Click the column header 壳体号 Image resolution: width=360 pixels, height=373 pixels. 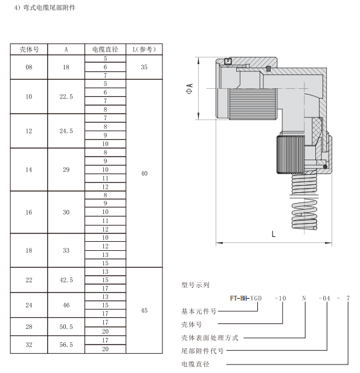point(29,49)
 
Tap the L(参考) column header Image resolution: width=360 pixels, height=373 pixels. point(143,49)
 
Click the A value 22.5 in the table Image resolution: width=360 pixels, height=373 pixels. point(66,96)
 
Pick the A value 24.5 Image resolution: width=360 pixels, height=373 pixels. point(66,131)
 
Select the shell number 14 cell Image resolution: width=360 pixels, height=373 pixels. point(29,170)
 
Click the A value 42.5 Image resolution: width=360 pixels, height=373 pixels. point(66,279)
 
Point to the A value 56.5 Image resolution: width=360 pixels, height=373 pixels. point(66,345)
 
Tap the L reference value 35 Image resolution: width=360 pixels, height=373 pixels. point(143,67)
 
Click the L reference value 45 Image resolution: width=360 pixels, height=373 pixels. point(143,310)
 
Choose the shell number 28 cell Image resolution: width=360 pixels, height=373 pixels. point(29,327)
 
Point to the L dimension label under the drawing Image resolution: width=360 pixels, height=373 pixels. point(273,234)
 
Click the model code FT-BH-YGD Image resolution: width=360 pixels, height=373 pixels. point(245,297)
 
